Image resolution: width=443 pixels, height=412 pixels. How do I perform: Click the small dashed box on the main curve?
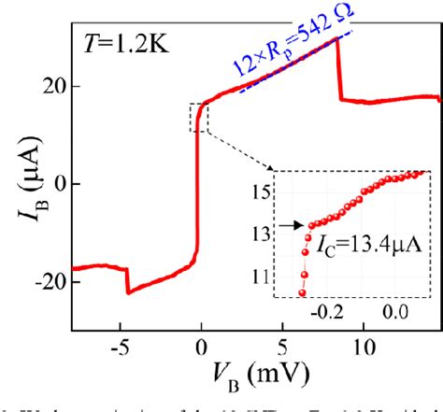coord(199,118)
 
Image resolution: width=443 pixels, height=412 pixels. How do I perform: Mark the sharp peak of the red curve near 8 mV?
coord(336,62)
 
